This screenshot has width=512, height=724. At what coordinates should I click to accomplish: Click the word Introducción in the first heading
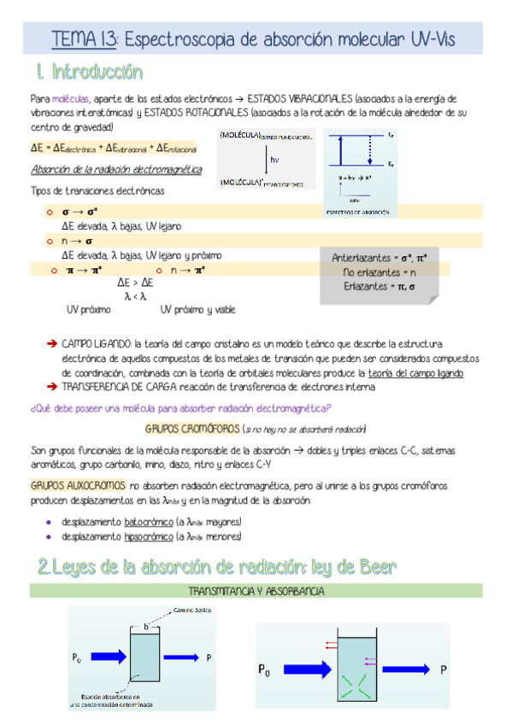(x=97, y=71)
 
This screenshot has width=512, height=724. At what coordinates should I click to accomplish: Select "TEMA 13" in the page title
(x=85, y=39)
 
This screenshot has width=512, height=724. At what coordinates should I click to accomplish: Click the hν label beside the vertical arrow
(x=274, y=160)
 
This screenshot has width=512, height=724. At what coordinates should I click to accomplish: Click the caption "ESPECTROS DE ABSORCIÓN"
(x=357, y=212)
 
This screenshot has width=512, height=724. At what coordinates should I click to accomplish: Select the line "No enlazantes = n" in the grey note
(x=373, y=271)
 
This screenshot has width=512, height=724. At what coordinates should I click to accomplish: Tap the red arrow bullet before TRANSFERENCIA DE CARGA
(x=51, y=387)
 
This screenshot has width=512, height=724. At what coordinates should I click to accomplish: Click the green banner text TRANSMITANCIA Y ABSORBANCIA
(x=256, y=591)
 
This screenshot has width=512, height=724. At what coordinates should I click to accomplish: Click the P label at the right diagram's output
(x=443, y=669)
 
